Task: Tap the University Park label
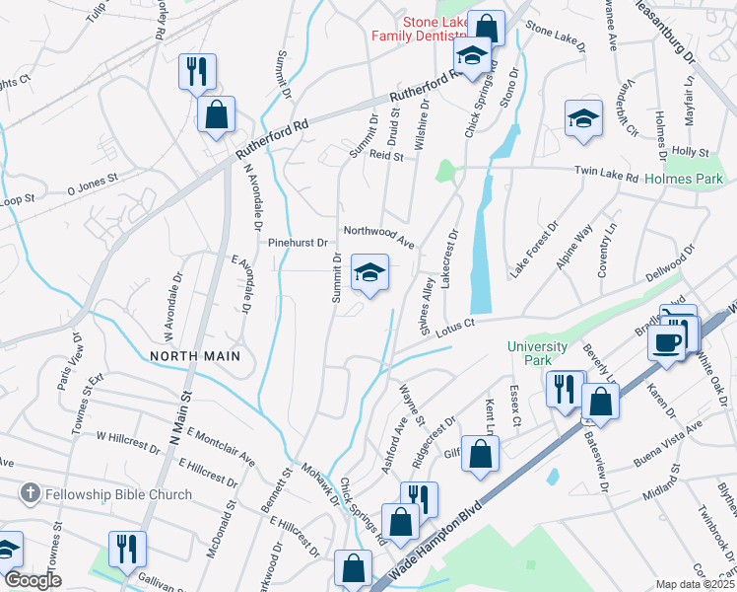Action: [537, 353]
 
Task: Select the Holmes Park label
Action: [684, 180]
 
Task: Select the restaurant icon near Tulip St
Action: [197, 72]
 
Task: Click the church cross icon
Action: [32, 491]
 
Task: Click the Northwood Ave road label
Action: [378, 235]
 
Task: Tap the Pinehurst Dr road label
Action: [297, 242]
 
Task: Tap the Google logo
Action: [33, 580]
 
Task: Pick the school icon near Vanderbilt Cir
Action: [584, 119]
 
